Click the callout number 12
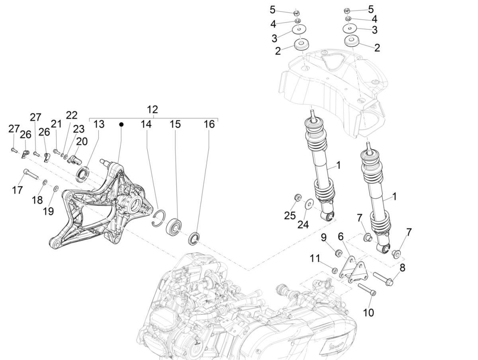pos(152,110)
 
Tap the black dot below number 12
pos(121,124)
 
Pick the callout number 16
pos(209,124)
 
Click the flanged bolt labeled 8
pos(383,278)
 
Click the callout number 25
pos(290,215)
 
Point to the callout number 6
pos(341,236)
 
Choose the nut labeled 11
pos(335,271)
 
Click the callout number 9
pos(324,238)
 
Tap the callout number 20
pos(82,141)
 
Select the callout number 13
pos(99,124)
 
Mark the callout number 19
pos(48,211)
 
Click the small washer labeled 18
pos(45,182)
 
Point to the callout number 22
pos(72,115)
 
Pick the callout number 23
pos(78,129)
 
